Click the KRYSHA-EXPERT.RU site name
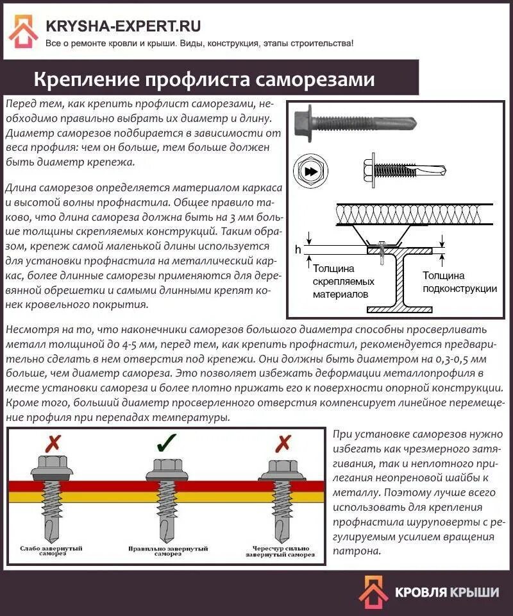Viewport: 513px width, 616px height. click(x=123, y=26)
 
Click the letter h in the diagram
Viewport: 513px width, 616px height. click(x=297, y=250)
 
